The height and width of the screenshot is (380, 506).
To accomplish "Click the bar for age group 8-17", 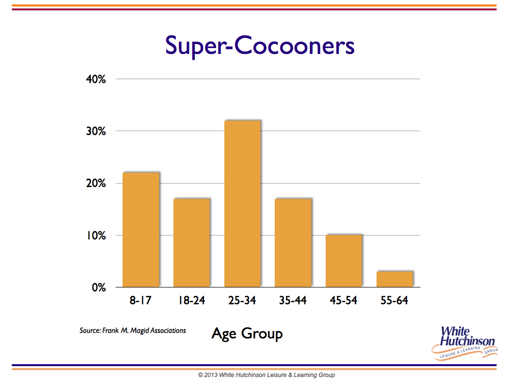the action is (x=141, y=230).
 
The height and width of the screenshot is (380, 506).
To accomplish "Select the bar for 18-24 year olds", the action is (x=192, y=242).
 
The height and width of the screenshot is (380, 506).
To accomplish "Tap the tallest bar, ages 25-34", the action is (x=242, y=203).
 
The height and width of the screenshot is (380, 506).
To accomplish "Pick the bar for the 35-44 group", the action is (x=293, y=242).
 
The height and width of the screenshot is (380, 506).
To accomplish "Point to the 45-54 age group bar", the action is (x=344, y=261).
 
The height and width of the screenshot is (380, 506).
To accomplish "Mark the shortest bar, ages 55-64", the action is (x=395, y=279).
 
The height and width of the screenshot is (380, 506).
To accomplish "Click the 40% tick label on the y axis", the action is (x=96, y=79).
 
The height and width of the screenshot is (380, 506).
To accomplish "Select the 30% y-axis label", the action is (x=96, y=131).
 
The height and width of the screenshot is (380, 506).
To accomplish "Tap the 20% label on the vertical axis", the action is (x=96, y=183).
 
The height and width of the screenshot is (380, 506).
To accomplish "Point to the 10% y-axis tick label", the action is (x=96, y=236).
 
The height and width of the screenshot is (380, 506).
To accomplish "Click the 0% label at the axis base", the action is (x=99, y=287).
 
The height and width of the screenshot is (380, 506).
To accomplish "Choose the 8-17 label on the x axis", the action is (x=140, y=300).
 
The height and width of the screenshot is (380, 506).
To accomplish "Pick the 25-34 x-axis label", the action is (x=242, y=300).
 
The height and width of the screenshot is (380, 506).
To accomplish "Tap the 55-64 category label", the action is (x=394, y=300).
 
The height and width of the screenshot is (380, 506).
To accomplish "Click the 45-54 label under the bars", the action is (x=343, y=300).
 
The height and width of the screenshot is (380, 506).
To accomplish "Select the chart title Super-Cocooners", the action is (x=260, y=46).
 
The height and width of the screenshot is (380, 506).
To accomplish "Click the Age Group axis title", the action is (x=247, y=333).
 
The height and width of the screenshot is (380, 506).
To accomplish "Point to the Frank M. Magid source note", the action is (x=132, y=331).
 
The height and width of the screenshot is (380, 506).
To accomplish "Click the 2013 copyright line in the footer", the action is (x=266, y=375).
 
